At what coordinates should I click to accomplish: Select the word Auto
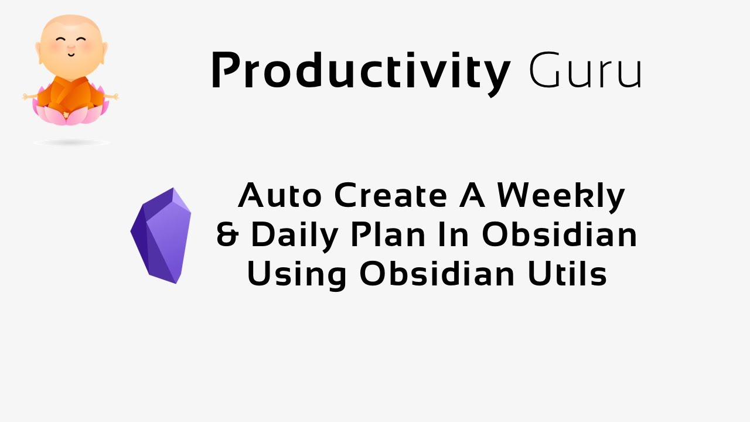pos(280,196)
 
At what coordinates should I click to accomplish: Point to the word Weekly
pos(561,196)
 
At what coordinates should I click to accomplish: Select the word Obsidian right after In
pos(560,234)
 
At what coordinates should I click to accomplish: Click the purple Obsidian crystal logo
pos(161,236)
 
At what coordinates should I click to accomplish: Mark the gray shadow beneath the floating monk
pos(71,142)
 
